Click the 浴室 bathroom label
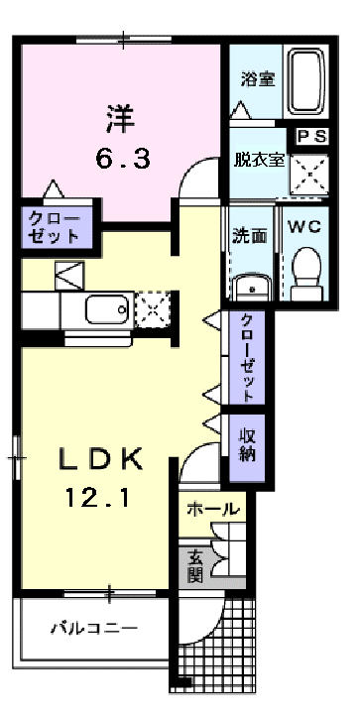[x=259, y=79]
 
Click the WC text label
[x=304, y=227]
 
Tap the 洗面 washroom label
[x=249, y=235]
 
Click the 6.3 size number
[x=123, y=160]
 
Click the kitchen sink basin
[x=107, y=310]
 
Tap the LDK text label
[x=101, y=458]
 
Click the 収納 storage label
[x=247, y=445]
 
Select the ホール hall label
[x=213, y=509]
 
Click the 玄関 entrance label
[x=195, y=566]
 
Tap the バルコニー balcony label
[x=94, y=628]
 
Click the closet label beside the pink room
[x=54, y=227]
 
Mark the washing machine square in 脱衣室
[x=310, y=174]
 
